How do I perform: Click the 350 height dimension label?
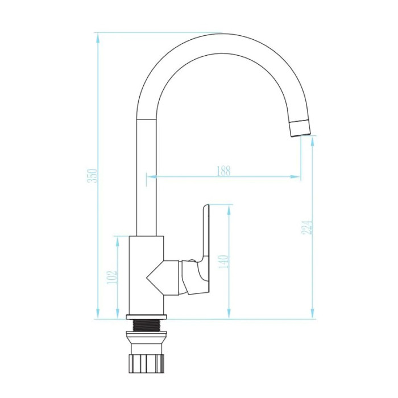click(x=92, y=175)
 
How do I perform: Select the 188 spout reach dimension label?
click(x=223, y=171)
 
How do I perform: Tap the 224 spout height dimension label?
click(x=307, y=227)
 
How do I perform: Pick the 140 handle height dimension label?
click(x=223, y=262)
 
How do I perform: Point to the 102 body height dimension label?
click(x=112, y=277)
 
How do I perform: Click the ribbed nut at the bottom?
click(x=146, y=363)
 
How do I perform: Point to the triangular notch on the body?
click(x=155, y=278)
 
